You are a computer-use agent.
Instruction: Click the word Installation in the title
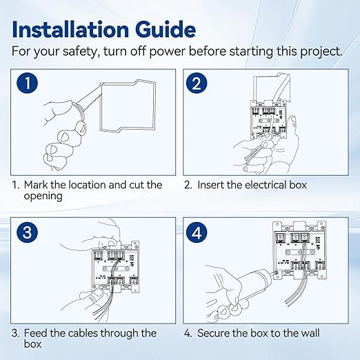[x=70, y=30]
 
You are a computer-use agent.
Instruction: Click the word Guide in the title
[x=166, y=30]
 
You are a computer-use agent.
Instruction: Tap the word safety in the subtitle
[x=80, y=52]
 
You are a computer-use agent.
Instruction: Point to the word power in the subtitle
[x=167, y=52]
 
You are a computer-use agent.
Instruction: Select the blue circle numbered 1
[x=28, y=83]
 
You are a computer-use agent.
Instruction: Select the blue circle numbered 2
[x=197, y=83]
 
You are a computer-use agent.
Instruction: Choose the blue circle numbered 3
[x=28, y=232]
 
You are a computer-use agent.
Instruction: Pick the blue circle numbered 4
[x=197, y=232]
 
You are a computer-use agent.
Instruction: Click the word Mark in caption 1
[x=36, y=185]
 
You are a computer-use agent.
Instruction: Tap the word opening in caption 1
[x=43, y=197]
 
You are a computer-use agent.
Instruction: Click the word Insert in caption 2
[x=210, y=185]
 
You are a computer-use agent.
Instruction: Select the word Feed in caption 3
[x=35, y=333]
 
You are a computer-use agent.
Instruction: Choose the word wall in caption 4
[x=308, y=333]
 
